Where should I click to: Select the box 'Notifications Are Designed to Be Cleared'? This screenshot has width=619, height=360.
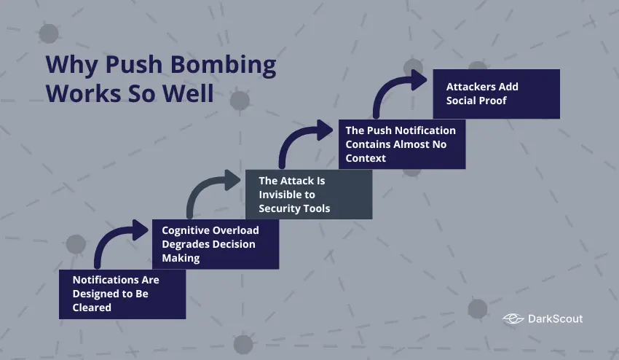tap(122, 294)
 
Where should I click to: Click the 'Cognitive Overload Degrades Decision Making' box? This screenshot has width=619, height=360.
tap(215, 244)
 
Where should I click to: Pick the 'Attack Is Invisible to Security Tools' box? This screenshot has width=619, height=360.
tap(308, 194)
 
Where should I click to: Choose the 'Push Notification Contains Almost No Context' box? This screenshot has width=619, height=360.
tap(401, 144)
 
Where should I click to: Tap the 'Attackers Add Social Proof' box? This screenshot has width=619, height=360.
tap(496, 93)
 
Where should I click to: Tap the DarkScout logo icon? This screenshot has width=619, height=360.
tap(513, 318)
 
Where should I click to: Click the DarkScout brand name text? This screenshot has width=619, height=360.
tap(556, 318)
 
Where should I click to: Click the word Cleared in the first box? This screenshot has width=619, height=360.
tap(92, 308)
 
